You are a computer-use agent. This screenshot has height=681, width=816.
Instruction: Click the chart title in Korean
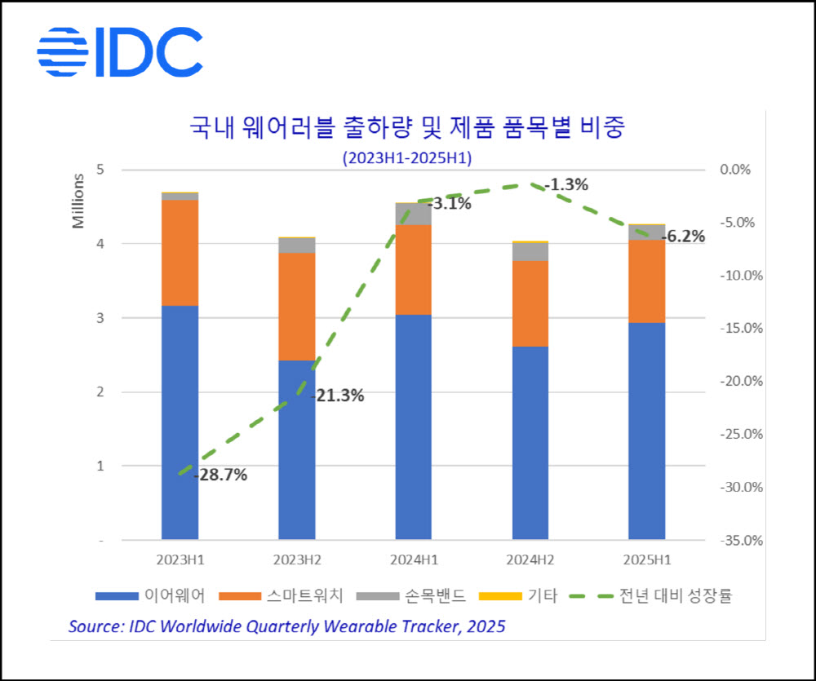(x=406, y=128)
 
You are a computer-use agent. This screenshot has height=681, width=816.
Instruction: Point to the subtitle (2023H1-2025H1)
(x=407, y=157)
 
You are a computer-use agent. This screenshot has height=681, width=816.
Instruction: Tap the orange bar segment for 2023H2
(x=297, y=306)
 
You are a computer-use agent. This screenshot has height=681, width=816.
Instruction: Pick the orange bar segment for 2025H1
(x=647, y=281)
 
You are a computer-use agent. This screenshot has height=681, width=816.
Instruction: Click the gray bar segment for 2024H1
(x=414, y=214)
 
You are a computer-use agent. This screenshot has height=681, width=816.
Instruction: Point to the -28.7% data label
(x=220, y=475)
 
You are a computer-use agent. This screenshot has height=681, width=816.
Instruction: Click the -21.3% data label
(x=337, y=396)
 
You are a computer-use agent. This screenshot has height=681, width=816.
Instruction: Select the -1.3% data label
(x=566, y=185)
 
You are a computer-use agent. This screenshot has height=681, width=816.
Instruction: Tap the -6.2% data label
(x=682, y=237)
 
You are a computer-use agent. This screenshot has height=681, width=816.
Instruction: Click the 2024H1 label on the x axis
(x=414, y=562)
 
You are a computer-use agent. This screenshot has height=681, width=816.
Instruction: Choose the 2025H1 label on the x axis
(x=647, y=562)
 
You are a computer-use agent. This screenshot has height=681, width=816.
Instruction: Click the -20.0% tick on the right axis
(x=742, y=382)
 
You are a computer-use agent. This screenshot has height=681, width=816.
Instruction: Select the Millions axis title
(x=78, y=201)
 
